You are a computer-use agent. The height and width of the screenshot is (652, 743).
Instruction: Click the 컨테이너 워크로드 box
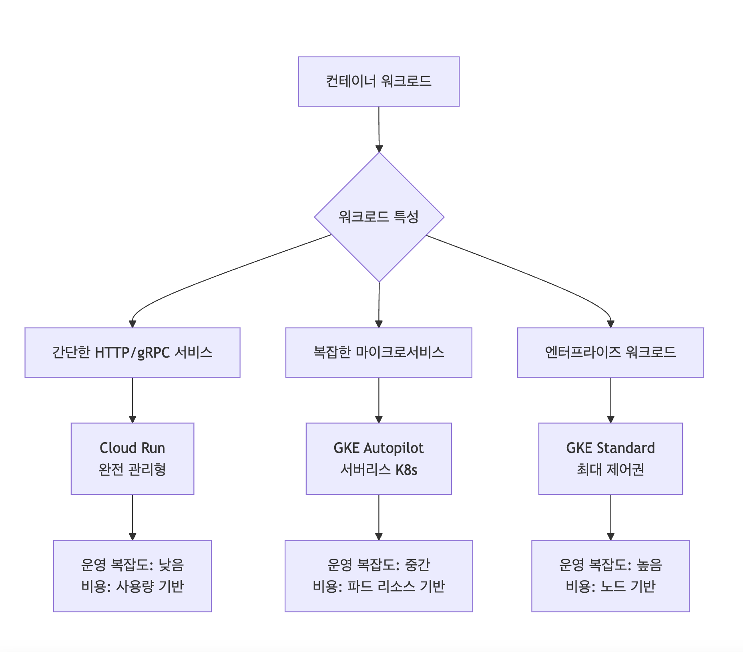(x=379, y=82)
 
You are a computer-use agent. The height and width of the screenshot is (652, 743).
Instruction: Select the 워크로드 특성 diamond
(x=379, y=217)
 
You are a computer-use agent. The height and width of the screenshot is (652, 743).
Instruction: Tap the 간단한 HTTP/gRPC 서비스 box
(x=133, y=352)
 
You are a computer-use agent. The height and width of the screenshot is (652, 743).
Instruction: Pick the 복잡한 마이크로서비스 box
(x=379, y=352)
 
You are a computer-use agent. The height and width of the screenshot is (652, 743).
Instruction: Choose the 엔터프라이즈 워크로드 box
(x=610, y=352)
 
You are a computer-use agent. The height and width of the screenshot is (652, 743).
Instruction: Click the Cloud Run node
(x=133, y=459)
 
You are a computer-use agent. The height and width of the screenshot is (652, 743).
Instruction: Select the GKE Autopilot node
(x=379, y=459)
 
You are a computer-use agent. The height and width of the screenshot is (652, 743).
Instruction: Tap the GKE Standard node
(x=610, y=459)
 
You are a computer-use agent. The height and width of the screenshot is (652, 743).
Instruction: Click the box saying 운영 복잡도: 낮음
(x=133, y=576)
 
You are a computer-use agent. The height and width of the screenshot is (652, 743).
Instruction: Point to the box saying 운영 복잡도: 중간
(x=379, y=576)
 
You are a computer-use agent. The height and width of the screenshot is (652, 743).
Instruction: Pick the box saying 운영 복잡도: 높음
(x=610, y=576)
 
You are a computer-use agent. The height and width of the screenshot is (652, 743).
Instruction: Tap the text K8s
(x=406, y=470)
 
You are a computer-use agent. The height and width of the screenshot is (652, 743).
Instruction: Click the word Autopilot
(x=393, y=448)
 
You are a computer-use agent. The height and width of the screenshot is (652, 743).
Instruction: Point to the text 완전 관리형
(x=133, y=469)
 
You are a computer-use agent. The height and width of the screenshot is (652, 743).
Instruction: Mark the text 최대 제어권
(x=610, y=469)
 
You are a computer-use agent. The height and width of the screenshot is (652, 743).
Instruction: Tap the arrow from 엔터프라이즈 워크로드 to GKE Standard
(x=610, y=400)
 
